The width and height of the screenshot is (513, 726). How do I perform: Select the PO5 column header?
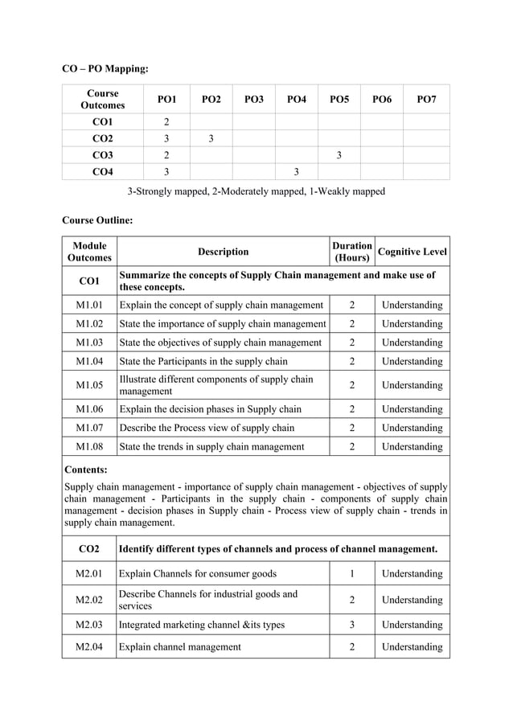pyautogui.click(x=339, y=99)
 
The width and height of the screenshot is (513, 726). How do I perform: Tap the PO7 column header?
pyautogui.click(x=426, y=99)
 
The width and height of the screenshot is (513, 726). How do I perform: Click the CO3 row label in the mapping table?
pyautogui.click(x=103, y=155)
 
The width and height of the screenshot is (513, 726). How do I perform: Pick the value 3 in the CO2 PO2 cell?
pyautogui.click(x=210, y=138)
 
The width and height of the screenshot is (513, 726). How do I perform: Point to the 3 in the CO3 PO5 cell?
pyautogui.click(x=339, y=155)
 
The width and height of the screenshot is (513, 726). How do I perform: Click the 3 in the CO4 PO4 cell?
pyautogui.click(x=296, y=172)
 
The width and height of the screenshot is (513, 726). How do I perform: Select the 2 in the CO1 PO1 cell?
pyautogui.click(x=166, y=121)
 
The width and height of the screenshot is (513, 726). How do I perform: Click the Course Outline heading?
pyautogui.click(x=97, y=219)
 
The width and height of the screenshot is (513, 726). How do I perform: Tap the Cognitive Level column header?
pyautogui.click(x=412, y=252)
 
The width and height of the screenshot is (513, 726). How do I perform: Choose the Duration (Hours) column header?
pyautogui.click(x=351, y=252)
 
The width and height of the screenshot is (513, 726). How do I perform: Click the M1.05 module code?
pyautogui.click(x=89, y=385)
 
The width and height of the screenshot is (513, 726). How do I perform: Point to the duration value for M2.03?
pyautogui.click(x=351, y=625)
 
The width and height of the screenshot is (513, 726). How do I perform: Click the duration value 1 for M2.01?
pyautogui.click(x=351, y=573)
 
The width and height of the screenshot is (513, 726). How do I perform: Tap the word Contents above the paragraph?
pyautogui.click(x=86, y=470)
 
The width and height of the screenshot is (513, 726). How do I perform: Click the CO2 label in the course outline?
pyautogui.click(x=89, y=549)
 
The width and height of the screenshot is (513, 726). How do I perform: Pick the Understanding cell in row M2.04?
pyautogui.click(x=412, y=646)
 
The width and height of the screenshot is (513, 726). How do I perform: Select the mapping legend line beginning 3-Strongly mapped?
pyautogui.click(x=256, y=191)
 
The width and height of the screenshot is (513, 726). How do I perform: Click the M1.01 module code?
pyautogui.click(x=89, y=306)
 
